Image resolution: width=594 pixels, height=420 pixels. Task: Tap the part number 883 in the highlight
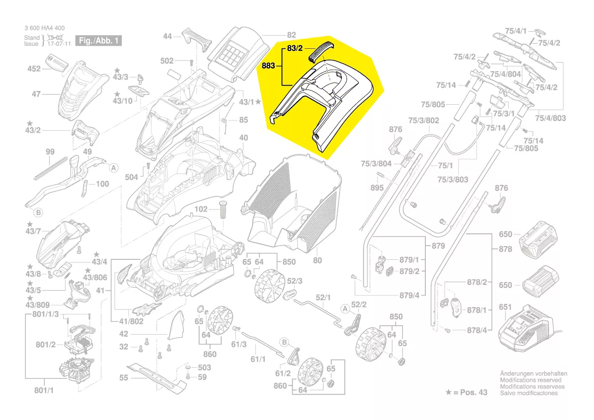pos(268,66)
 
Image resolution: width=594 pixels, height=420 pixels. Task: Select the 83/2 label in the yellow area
pos(295,48)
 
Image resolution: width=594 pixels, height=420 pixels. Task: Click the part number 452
pos(34,69)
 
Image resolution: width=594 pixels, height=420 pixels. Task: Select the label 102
pos(201,209)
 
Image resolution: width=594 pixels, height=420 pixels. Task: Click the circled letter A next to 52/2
pos(346,308)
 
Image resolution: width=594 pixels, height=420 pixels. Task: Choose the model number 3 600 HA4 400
pos(44,28)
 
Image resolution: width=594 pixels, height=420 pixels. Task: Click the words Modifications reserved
pos(530,380)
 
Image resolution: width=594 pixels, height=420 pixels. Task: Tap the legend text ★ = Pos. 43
pos(466,393)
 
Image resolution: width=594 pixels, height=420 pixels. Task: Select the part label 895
pos(377,188)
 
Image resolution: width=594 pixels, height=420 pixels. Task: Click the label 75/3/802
pos(424,121)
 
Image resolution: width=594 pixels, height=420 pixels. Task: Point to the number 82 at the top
pos(291,35)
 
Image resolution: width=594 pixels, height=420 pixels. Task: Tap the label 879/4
pos(410,295)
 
